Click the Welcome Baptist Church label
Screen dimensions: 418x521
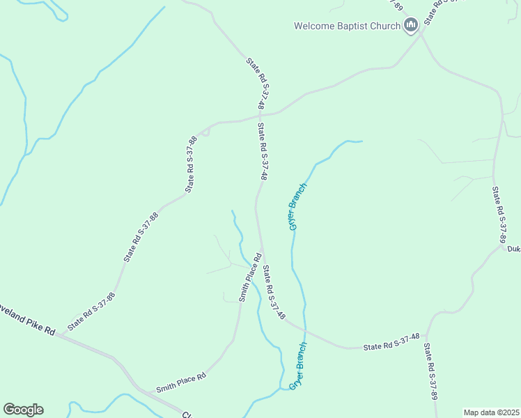coord(347,26)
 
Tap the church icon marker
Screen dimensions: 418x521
coord(411,26)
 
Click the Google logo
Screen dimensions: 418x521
coord(23,410)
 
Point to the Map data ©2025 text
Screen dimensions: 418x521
coord(491,412)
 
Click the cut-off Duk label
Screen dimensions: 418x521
coord(513,249)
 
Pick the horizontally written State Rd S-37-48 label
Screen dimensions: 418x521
coord(391,342)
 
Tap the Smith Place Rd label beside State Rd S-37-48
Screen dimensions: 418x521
coord(249,277)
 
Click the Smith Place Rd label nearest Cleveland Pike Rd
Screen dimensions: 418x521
coord(180,382)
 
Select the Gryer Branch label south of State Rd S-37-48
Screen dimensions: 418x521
coord(297,366)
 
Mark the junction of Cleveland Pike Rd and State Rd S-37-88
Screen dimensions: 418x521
coord(58,335)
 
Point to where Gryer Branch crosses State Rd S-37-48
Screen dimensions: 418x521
coord(304,331)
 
